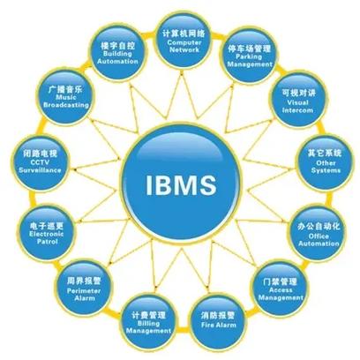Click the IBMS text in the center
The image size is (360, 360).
point(181,184)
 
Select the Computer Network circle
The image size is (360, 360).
point(184,41)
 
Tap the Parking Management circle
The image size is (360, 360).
point(249,55)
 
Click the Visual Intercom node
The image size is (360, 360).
point(299,101)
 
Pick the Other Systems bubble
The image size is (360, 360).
point(325,161)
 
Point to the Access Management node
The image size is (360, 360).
point(280,289)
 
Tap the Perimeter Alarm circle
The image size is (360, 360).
point(84,289)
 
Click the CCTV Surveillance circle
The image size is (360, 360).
point(41,162)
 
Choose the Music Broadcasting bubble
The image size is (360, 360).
point(65,97)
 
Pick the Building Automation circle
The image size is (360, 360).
point(117,52)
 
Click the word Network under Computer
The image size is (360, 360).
point(184,49)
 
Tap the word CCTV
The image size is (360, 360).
point(40,162)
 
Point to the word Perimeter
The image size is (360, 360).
point(84,291)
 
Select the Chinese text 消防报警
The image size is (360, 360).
point(218,316)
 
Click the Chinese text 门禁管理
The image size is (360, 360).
point(280,281)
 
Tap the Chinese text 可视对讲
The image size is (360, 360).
point(299,93)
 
